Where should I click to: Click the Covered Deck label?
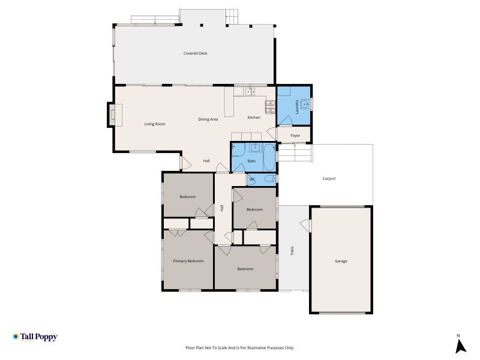(196, 53)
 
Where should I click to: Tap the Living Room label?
(155, 124)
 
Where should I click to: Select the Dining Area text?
(208, 119)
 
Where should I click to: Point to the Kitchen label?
(254, 118)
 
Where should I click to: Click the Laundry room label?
(296, 107)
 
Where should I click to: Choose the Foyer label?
(295, 136)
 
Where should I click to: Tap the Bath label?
(251, 161)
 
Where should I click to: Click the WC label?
(252, 179)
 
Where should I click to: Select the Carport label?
(329, 178)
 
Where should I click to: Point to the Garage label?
(341, 261)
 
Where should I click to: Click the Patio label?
(292, 250)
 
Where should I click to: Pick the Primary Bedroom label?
(188, 261)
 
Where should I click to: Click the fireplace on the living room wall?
(112, 115)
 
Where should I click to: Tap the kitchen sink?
(250, 92)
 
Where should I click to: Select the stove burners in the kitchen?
(270, 107)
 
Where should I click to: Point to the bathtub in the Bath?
(269, 158)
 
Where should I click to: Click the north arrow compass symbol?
(460, 344)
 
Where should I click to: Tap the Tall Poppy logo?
(35, 337)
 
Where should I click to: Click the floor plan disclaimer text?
(239, 348)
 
